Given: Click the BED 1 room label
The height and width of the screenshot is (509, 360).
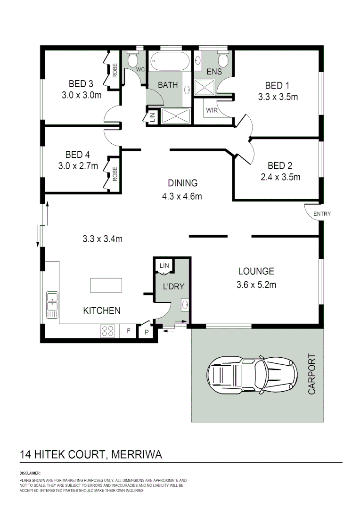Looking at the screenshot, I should [x=277, y=85].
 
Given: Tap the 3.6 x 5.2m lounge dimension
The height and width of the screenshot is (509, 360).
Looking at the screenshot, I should [x=256, y=284].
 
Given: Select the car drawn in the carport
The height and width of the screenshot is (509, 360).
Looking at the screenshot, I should [x=252, y=375].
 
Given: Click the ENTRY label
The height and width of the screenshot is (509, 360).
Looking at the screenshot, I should [x=322, y=214].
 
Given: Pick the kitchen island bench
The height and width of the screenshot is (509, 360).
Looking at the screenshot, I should [x=106, y=286].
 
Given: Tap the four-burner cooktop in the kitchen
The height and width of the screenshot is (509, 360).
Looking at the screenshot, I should [x=107, y=331].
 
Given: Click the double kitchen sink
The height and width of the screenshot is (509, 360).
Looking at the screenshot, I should [x=52, y=304].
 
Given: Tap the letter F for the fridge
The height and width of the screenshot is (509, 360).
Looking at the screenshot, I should [x=128, y=331].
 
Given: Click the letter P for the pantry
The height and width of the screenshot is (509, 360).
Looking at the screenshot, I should [x=146, y=332].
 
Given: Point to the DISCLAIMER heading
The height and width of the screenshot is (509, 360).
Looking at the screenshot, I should [x=30, y=473].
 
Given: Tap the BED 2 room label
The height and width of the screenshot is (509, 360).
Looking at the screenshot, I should [x=280, y=165].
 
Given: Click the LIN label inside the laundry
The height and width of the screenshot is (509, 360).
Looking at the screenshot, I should [x=164, y=266].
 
